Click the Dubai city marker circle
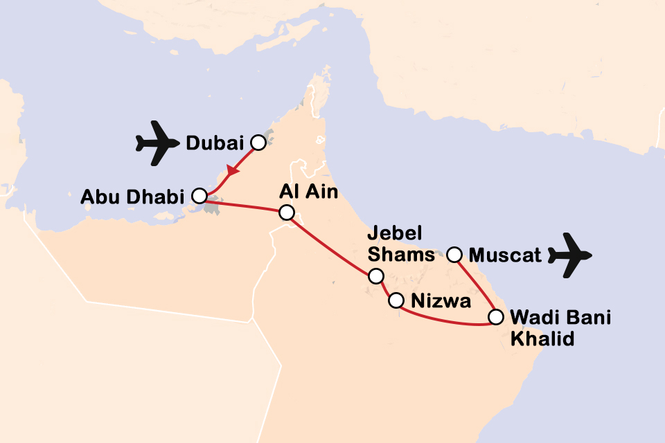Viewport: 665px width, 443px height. point(258,143)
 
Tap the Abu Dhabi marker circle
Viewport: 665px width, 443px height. point(199,196)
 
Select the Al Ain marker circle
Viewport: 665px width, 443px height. point(286,213)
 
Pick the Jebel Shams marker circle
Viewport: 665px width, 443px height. point(375,276)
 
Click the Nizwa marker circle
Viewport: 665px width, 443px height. point(396,300)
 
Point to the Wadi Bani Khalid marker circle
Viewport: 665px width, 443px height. point(495,318)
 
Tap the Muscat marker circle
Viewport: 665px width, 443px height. point(454,255)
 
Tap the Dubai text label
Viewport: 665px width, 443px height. point(215,143)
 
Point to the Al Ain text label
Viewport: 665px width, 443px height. point(309,192)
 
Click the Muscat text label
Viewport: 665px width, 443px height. point(505,255)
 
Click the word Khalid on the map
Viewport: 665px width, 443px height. point(542,340)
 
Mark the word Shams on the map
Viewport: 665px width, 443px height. point(401,255)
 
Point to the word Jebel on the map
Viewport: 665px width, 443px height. point(395,233)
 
